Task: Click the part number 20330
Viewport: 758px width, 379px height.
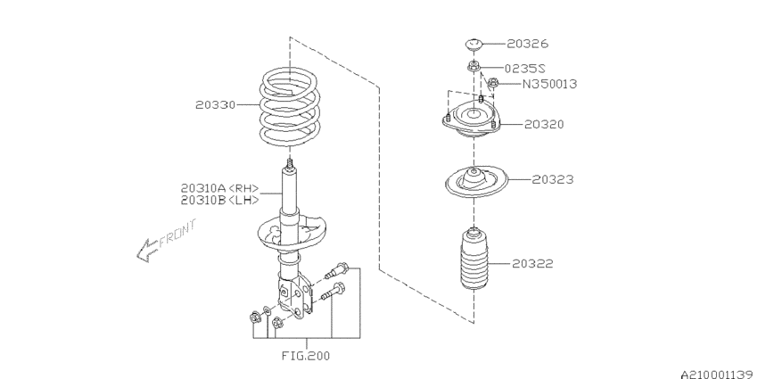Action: [x=215, y=104]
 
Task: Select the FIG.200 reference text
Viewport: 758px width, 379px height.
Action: [x=305, y=355]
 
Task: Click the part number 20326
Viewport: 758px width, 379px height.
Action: [x=529, y=43]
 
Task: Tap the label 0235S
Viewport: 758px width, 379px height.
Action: [x=526, y=67]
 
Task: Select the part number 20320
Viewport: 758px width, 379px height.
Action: [x=544, y=124]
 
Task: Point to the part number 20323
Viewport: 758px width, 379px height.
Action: [x=553, y=179]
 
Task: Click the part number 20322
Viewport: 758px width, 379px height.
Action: [x=532, y=263]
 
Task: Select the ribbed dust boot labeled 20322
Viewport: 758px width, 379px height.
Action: [x=474, y=261]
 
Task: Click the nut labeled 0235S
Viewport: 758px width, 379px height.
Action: [x=474, y=66]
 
